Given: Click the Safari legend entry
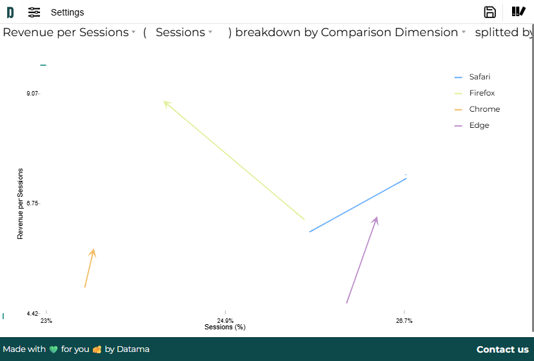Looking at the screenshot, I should [x=479, y=77].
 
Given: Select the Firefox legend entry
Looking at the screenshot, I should [x=482, y=93].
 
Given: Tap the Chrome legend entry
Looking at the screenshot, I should [x=484, y=109].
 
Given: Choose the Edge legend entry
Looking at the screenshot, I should [x=479, y=125].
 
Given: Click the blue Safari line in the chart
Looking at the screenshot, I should [x=358, y=205].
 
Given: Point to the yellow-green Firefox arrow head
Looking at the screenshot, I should [x=166, y=103].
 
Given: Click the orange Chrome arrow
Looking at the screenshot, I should [x=90, y=268].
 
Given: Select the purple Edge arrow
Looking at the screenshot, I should [x=362, y=260].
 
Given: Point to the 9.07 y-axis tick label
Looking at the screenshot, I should [x=32, y=94].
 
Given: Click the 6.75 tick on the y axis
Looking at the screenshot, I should [x=32, y=203].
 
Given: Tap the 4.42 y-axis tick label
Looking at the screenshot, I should [x=32, y=314].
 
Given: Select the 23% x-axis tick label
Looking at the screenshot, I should [x=46, y=321].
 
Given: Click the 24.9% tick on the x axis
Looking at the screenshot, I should [x=225, y=321].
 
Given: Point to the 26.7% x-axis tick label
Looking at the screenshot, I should [x=404, y=321].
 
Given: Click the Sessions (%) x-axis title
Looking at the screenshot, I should [x=225, y=327].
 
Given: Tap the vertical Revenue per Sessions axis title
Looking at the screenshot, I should [x=20, y=203].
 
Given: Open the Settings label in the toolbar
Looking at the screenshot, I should [x=67, y=12].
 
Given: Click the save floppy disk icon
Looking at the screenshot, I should [x=489, y=12].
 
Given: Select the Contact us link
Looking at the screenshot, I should [x=502, y=349].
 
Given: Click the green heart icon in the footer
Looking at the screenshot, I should [x=54, y=349].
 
